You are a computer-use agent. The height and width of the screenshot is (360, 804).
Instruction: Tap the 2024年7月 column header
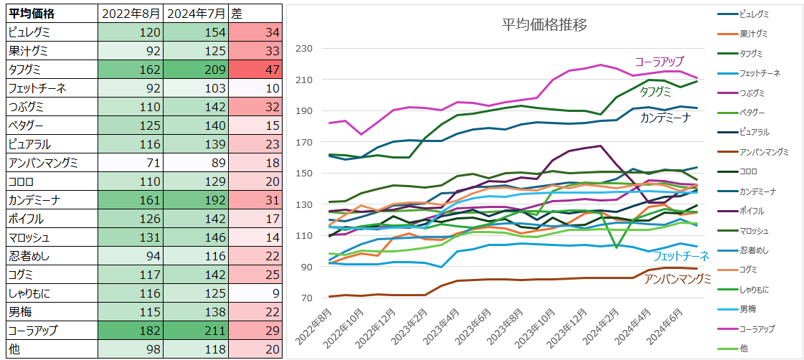coord(196,14)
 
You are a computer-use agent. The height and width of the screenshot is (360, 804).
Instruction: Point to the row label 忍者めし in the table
coord(29,256)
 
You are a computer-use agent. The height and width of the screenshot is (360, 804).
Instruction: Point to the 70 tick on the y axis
coord(308,298)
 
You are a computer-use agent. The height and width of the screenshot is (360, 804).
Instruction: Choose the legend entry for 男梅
coord(749,309)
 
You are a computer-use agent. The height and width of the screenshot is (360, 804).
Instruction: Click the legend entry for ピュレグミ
coord(757,14)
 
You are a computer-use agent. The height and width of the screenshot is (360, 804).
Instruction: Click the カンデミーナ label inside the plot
coord(665,118)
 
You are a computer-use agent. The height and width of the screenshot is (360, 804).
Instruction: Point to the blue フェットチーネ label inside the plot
coord(681,256)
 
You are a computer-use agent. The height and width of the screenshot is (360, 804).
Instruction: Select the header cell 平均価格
coord(32,14)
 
